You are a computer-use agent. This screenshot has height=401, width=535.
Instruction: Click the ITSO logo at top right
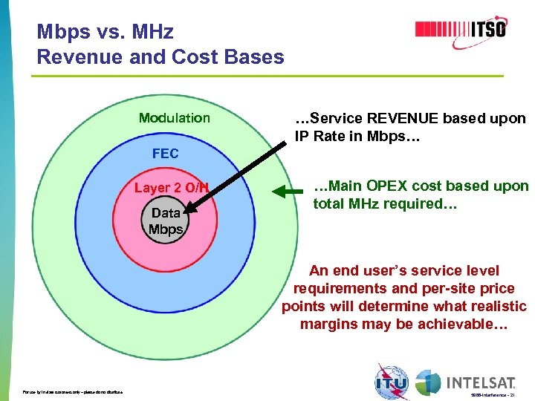[460, 30]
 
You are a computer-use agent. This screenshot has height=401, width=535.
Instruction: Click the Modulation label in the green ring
[175, 118]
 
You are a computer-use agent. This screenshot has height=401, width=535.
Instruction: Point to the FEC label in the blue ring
[165, 154]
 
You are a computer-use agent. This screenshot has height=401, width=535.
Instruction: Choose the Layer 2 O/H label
[172, 188]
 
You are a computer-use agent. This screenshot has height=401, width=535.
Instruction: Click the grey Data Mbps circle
[165, 221]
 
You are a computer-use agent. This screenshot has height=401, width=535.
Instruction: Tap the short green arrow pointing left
[287, 192]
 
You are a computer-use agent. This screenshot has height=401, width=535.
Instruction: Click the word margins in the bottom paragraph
[327, 324]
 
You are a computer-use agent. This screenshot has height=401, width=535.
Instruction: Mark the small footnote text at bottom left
[73, 392]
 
